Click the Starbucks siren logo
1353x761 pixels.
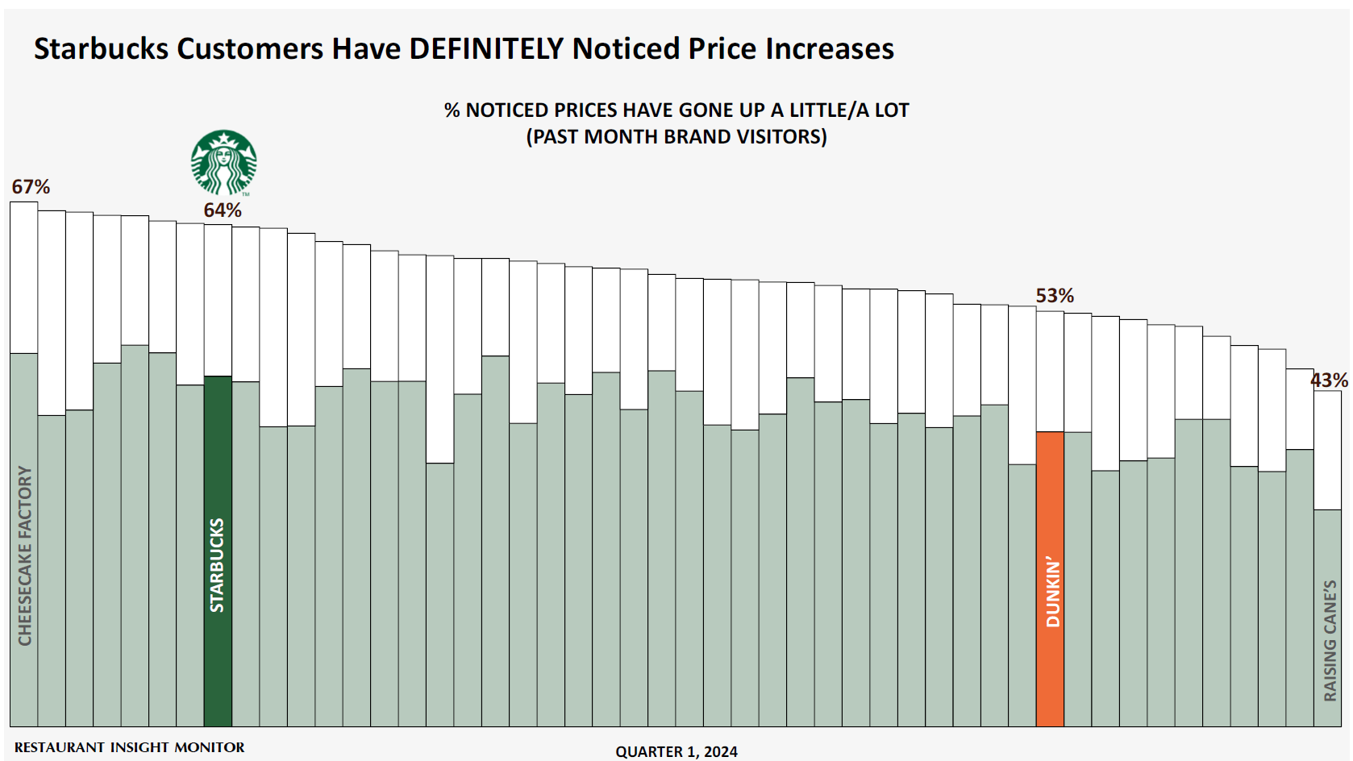click(223, 162)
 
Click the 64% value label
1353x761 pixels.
click(223, 210)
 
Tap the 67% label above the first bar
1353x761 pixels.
click(31, 187)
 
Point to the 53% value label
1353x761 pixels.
click(1055, 296)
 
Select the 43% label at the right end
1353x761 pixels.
click(1329, 380)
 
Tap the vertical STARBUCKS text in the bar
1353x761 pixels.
click(217, 565)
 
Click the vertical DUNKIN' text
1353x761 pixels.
click(1053, 591)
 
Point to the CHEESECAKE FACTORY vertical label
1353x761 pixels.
click(25, 555)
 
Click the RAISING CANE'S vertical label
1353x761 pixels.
click(1330, 640)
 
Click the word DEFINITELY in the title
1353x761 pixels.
click(486, 49)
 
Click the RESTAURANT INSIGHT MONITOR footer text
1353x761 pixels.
click(129, 747)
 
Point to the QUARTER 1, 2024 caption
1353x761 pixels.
click(676, 751)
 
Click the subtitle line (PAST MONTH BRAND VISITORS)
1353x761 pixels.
click(676, 136)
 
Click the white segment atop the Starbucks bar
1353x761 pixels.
click(218, 300)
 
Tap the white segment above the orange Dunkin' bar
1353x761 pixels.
click(1050, 372)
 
